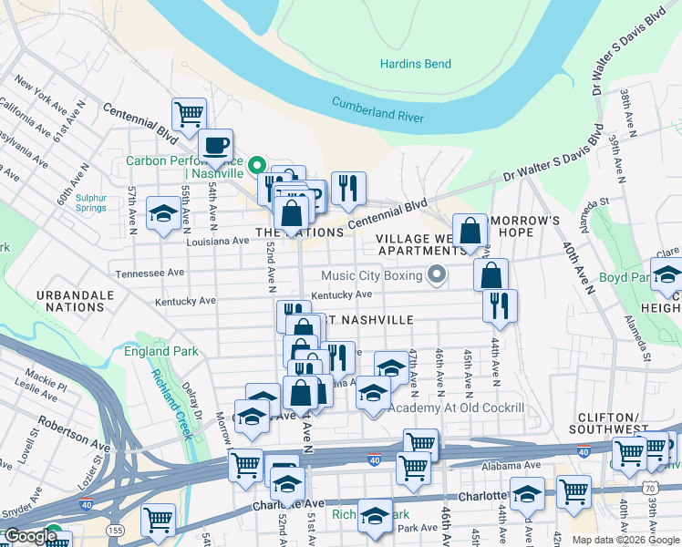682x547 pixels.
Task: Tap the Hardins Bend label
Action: point(415,64)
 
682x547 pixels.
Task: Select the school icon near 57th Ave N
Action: point(163,213)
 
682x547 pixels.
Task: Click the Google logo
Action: point(30,537)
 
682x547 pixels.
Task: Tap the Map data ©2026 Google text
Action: point(625,540)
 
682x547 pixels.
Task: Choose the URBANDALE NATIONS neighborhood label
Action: point(75,302)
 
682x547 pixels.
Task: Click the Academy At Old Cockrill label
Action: point(456,408)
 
